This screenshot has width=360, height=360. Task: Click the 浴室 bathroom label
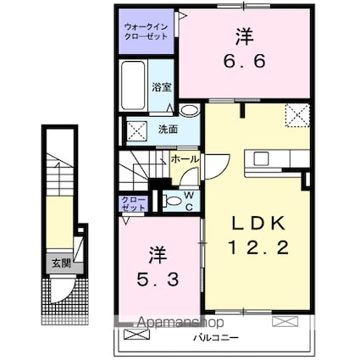[161, 86]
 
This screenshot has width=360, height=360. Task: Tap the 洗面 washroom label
[167, 130]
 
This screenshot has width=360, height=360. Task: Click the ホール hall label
[186, 158]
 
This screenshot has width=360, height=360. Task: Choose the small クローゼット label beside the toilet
[133, 203]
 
